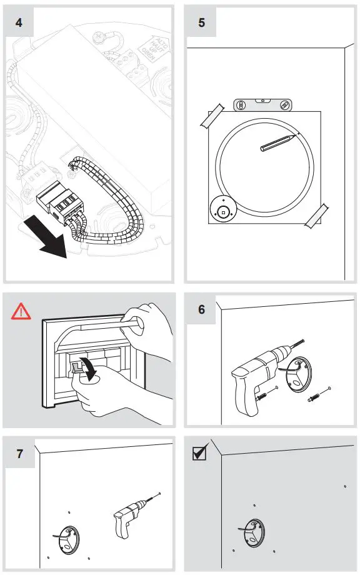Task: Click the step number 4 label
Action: coord(20,22)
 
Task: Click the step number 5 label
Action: coord(202,22)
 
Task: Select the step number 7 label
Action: coord(20,453)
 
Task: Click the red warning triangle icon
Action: coord(20,311)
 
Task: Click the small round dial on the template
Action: coord(223,209)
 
